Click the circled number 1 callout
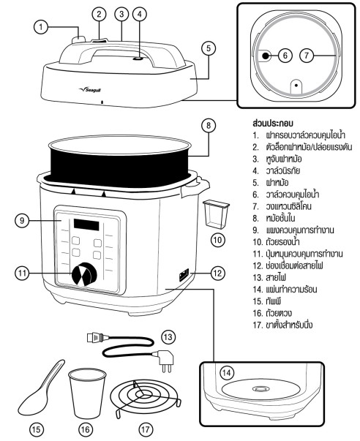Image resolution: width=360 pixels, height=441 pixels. click(x=41, y=27)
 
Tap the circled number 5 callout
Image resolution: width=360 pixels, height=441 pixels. click(x=209, y=48)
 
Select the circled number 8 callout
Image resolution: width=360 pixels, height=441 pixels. click(x=209, y=126)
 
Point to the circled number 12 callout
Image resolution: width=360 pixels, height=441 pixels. click(x=217, y=273)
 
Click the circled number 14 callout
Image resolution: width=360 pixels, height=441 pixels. click(x=227, y=373)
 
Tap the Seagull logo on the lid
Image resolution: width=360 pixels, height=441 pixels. click(x=89, y=90)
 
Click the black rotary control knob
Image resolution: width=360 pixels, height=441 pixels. click(x=84, y=274)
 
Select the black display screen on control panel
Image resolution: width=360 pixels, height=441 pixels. click(x=86, y=225)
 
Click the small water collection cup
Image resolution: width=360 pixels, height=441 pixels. click(x=216, y=214)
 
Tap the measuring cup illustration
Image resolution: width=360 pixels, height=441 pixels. click(x=87, y=393)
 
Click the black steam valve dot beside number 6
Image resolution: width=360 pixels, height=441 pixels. click(x=265, y=56)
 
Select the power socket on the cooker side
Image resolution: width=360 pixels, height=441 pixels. click(x=184, y=274)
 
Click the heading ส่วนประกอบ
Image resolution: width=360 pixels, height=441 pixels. click(x=273, y=123)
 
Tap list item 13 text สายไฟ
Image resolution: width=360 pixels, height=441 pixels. click(x=276, y=278)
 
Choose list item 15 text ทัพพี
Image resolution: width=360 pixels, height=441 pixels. click(x=274, y=301)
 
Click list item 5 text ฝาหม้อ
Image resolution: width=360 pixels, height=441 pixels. click(x=277, y=183)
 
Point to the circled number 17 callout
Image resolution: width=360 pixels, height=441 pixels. click(x=146, y=429)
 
